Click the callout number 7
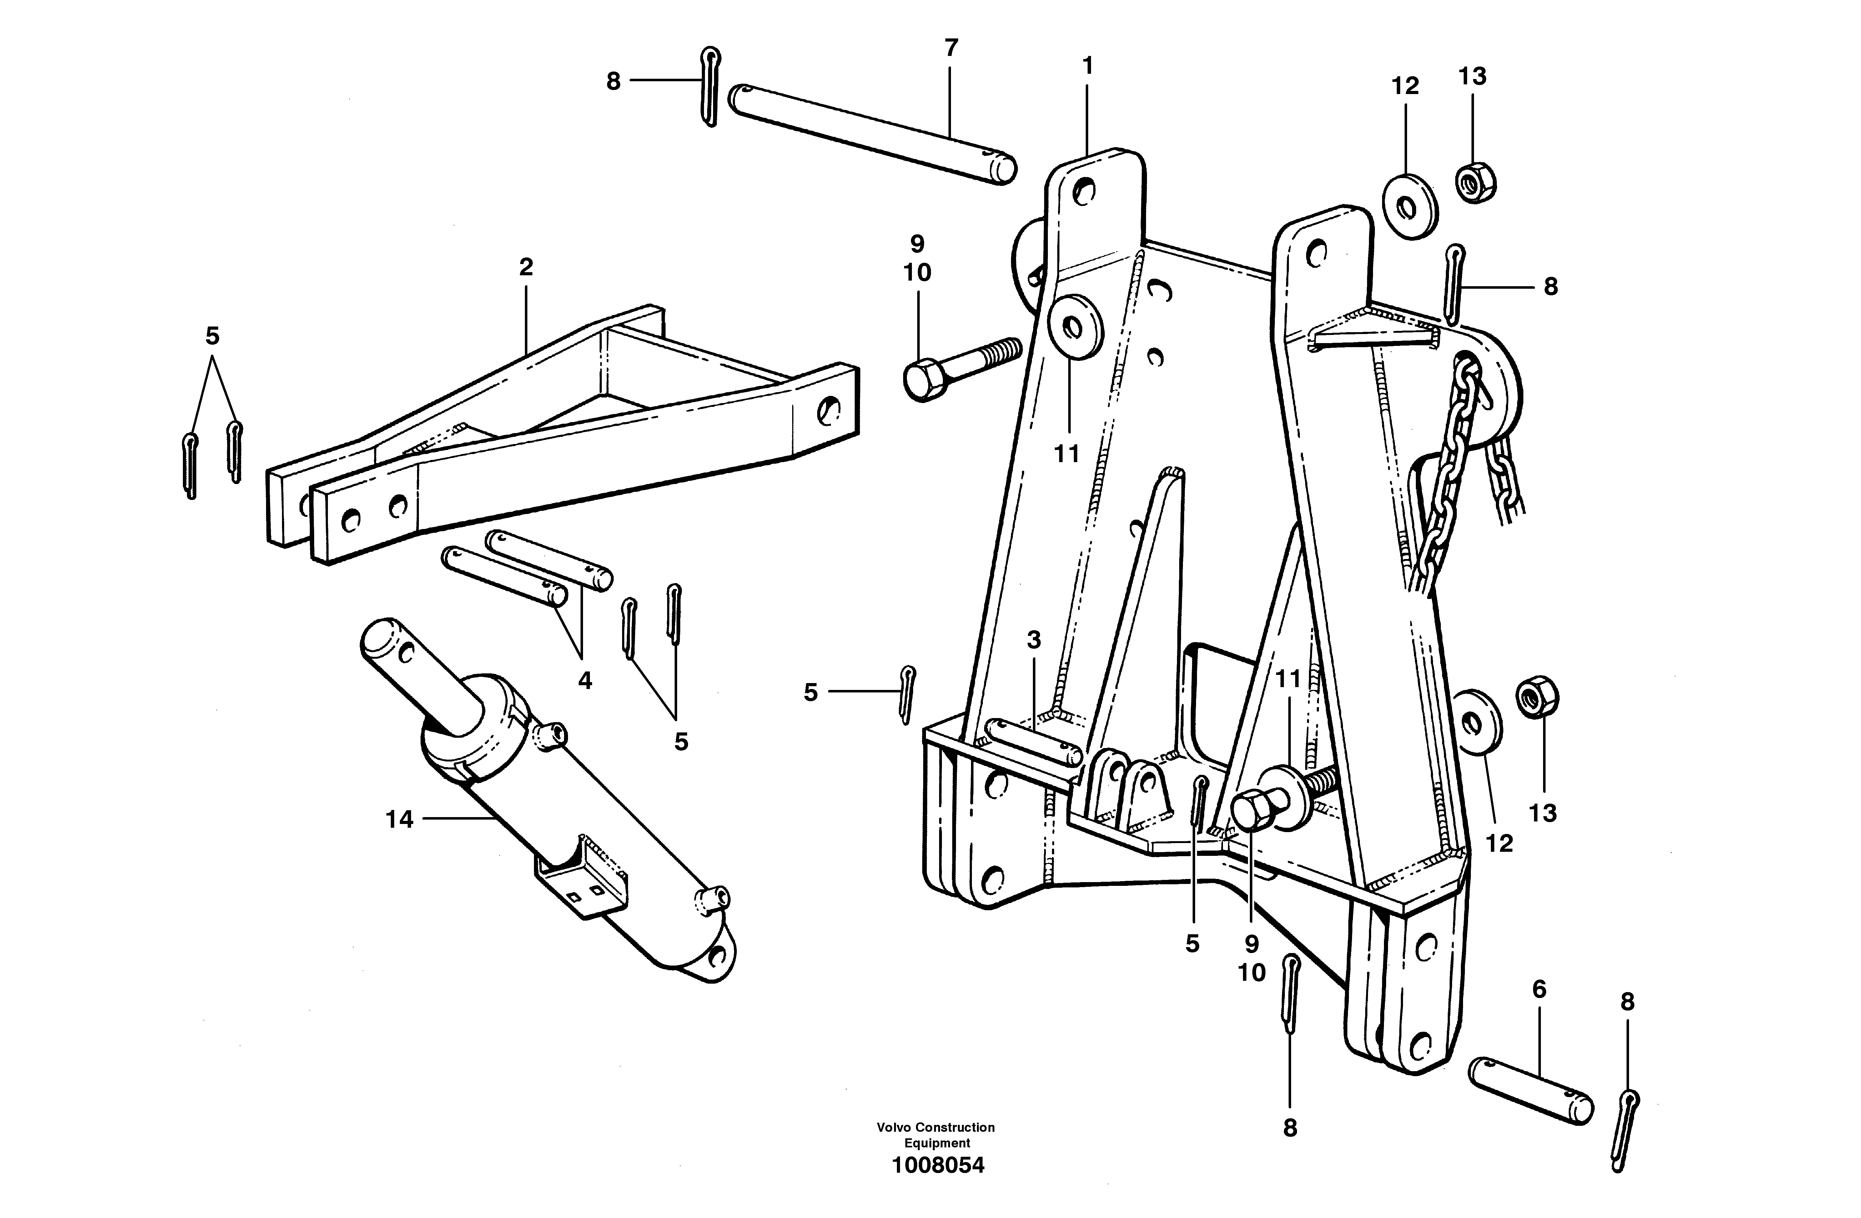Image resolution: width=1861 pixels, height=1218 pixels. (x=951, y=48)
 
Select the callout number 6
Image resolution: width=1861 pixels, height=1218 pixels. (x=1539, y=990)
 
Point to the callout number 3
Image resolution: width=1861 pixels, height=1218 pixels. (x=1034, y=640)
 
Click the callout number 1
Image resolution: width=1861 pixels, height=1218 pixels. (x=1087, y=67)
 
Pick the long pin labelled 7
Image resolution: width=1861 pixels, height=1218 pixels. (x=872, y=134)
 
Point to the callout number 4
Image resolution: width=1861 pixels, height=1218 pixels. (x=585, y=681)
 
